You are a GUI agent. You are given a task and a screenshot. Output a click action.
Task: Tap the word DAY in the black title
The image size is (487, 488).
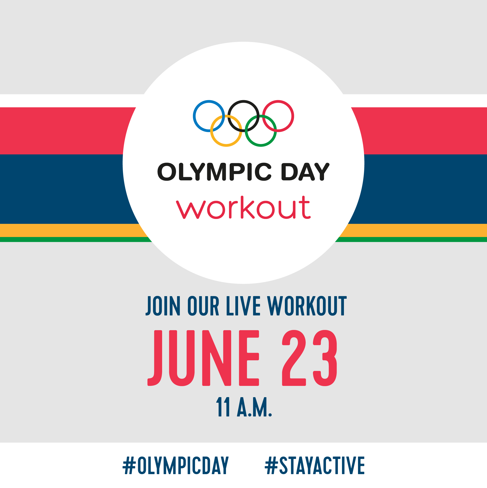click(x=305, y=172)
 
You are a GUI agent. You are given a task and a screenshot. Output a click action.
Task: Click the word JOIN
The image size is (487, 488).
click(x=163, y=306)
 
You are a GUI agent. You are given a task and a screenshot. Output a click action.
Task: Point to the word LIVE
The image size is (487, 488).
click(x=243, y=306)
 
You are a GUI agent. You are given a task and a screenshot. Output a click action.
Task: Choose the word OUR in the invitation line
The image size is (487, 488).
click(x=203, y=306)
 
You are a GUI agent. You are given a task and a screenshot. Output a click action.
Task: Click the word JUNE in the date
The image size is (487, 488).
click(x=203, y=358)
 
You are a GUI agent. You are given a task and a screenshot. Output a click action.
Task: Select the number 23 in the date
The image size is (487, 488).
click(x=310, y=358)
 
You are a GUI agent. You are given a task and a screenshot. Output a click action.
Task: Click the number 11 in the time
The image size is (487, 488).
click(x=223, y=407)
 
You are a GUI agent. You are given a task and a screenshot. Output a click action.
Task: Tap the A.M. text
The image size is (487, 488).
click(x=254, y=407)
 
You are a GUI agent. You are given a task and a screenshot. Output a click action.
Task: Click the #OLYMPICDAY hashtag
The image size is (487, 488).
click(x=176, y=465)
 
